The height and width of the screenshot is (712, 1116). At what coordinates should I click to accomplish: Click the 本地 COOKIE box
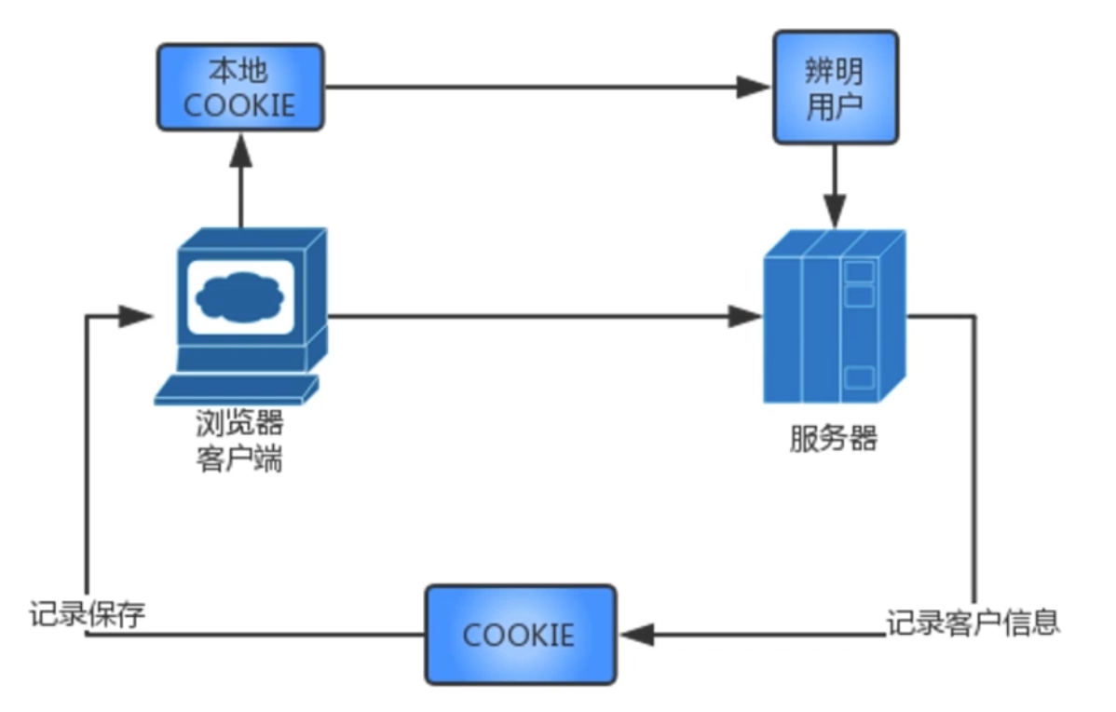point(239,86)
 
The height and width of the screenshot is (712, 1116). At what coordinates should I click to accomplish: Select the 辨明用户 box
point(836,87)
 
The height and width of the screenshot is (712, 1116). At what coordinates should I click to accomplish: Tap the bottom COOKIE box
point(520,635)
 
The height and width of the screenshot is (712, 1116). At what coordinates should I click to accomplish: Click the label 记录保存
point(87,614)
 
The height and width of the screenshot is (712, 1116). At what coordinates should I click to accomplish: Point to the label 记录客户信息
point(973,621)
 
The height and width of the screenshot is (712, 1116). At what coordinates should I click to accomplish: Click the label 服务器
point(833,438)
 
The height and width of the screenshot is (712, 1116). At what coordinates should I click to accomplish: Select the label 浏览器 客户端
point(239,442)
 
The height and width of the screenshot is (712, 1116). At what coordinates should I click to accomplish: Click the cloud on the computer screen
point(240,296)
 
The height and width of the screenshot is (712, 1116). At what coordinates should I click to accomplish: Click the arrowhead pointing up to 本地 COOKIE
point(240,146)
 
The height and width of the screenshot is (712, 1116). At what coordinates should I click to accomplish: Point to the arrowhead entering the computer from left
point(137,316)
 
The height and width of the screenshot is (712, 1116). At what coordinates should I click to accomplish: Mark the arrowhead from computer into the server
point(745,317)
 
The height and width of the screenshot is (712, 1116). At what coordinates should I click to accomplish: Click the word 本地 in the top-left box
point(240,70)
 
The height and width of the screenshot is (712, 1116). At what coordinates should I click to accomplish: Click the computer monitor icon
point(252,298)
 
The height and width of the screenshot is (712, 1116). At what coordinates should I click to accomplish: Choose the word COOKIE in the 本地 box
point(239,103)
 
